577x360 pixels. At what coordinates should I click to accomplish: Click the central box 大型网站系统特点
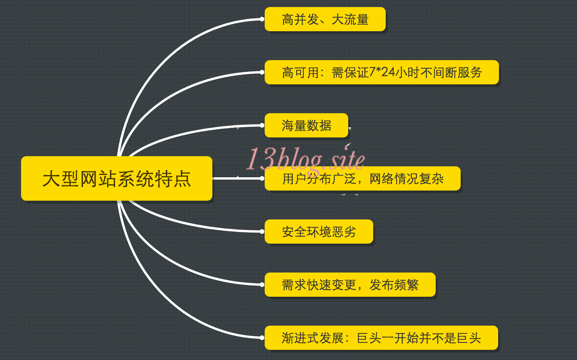tap(116, 179)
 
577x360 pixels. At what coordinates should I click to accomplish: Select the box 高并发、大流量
tap(325, 20)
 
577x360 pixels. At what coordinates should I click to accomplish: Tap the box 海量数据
tap(306, 126)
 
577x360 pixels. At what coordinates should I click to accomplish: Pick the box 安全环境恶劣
tap(319, 232)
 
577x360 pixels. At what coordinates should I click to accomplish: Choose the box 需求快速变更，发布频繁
tap(350, 285)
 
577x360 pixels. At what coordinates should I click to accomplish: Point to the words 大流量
tap(350, 20)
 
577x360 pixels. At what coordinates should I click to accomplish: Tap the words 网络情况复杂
tap(406, 179)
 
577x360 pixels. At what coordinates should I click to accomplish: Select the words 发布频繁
tap(394, 285)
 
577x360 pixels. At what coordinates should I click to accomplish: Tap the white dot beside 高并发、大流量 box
tap(262, 19)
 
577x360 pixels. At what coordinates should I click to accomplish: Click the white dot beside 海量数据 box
tap(262, 125)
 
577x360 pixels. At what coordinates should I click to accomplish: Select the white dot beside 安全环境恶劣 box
tap(262, 232)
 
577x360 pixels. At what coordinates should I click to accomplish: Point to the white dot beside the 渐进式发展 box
tap(262, 338)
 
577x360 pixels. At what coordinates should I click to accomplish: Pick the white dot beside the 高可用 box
tap(262, 72)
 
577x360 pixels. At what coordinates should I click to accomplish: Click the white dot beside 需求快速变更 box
tap(262, 285)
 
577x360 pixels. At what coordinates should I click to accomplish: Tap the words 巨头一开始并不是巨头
tap(419, 338)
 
